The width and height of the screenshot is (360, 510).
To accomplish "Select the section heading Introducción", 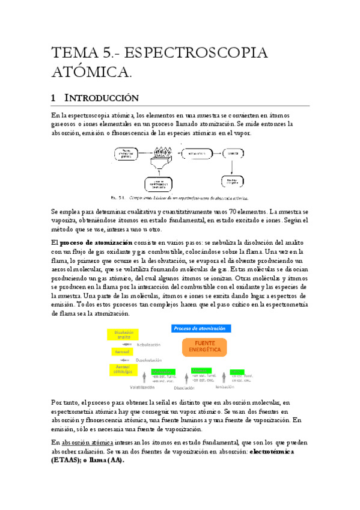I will pyautogui.click(x=102, y=97).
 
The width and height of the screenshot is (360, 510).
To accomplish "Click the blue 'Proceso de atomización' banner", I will pyautogui.click(x=200, y=328).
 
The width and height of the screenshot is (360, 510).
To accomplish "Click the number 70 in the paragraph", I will pyautogui.click(x=228, y=212).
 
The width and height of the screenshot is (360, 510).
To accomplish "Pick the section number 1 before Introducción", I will pyautogui.click(x=53, y=97).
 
